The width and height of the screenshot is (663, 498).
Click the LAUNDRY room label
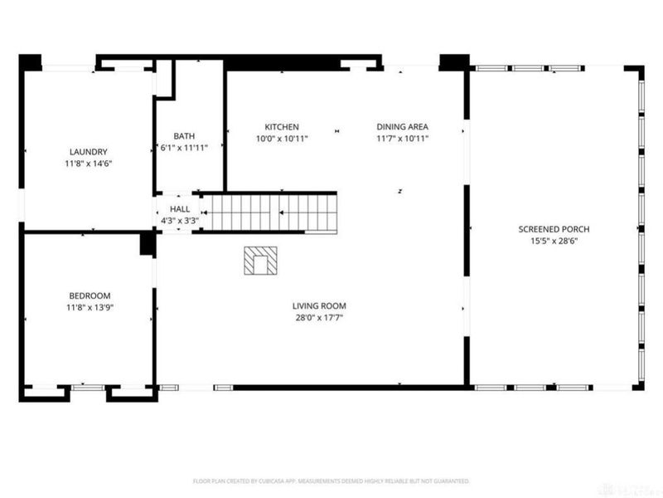click(x=89, y=152)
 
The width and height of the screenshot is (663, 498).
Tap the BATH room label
click(x=183, y=136)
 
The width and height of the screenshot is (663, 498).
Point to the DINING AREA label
click(x=402, y=127)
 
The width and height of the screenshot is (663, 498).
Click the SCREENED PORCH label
click(x=554, y=229)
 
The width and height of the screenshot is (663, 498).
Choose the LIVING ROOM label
click(x=318, y=305)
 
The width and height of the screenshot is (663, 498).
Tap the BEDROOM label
click(x=89, y=295)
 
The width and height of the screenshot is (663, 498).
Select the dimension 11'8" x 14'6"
click(x=89, y=164)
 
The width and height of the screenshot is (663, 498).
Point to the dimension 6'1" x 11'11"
click(x=183, y=148)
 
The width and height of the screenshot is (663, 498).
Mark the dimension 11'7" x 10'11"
click(x=402, y=139)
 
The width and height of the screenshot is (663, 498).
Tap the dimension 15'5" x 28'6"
click(x=554, y=241)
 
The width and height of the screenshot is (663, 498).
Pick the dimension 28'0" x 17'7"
click(x=318, y=317)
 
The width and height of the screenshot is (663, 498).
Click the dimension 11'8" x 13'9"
click(x=89, y=307)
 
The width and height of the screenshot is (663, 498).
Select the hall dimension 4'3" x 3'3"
click(x=180, y=221)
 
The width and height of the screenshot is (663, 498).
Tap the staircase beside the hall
click(x=270, y=212)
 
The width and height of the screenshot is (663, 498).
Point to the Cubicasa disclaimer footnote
click(x=331, y=481)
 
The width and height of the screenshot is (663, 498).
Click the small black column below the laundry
click(x=148, y=243)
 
